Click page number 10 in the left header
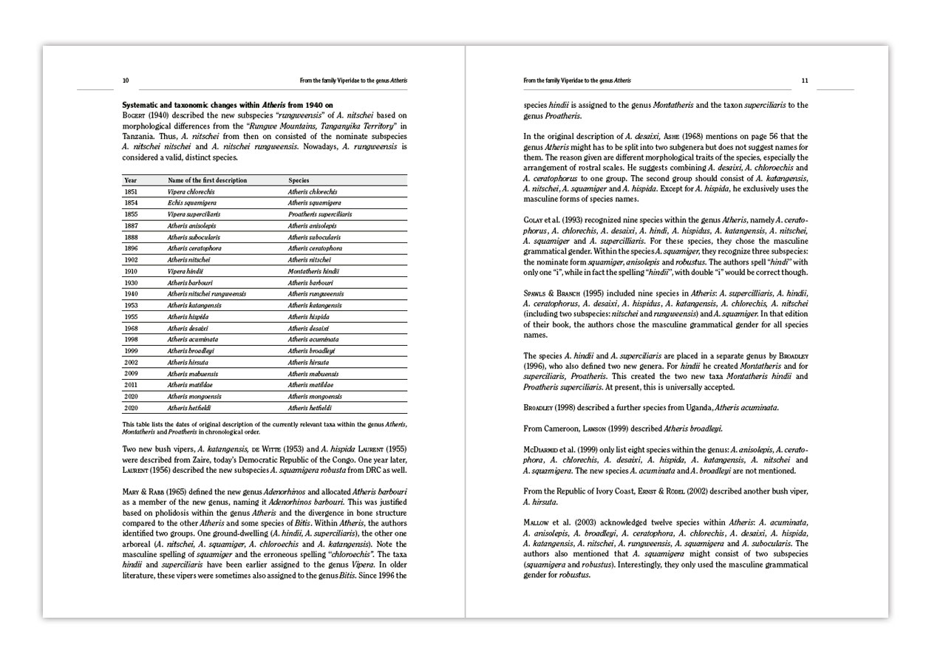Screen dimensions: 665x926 coord(125,80)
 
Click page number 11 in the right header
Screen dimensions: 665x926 coord(805,80)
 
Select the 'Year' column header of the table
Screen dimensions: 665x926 coord(131,180)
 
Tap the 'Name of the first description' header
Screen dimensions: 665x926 coord(207,180)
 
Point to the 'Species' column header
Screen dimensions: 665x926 coord(299,180)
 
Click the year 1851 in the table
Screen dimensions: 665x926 coord(131,191)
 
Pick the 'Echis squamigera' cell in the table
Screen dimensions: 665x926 coord(191,202)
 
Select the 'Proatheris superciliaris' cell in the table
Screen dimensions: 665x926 coord(319,214)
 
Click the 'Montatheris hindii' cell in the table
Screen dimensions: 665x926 coord(313,271)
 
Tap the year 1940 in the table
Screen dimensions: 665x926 coord(131,294)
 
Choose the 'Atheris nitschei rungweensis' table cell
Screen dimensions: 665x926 coord(206,294)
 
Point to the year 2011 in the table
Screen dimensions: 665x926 coord(131,385)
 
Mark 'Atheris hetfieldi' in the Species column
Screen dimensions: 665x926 coord(310,408)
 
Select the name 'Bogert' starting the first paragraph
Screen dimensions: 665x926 coord(136,115)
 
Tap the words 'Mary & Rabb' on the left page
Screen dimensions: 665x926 coord(142,492)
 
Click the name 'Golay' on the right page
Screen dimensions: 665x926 coord(534,220)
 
